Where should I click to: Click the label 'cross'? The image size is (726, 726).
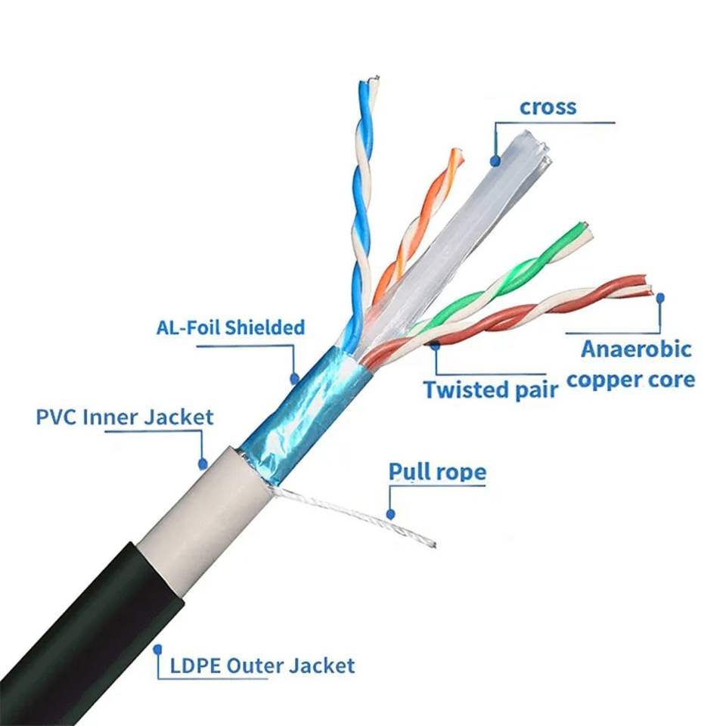pyautogui.click(x=548, y=107)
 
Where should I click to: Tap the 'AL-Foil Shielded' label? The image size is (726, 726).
pyautogui.click(x=231, y=327)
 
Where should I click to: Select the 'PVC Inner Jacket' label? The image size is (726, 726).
pyautogui.click(x=125, y=417)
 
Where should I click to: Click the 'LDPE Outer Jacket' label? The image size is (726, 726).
pyautogui.click(x=262, y=665)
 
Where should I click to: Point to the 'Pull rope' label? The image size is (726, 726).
pyautogui.click(x=438, y=472)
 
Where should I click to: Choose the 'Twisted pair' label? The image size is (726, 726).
pyautogui.click(x=491, y=389)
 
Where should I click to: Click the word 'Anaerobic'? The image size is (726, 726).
pyautogui.click(x=636, y=349)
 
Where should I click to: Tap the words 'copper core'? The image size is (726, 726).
pyautogui.click(x=631, y=380)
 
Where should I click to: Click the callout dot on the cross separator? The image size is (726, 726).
pyautogui.click(x=495, y=160)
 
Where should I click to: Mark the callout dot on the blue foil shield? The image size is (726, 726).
pyautogui.click(x=294, y=379)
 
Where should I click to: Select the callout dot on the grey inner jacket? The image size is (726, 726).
pyautogui.click(x=203, y=463)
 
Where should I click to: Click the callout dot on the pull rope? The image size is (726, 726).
pyautogui.click(x=390, y=514)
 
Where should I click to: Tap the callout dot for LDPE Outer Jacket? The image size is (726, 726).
pyautogui.click(x=158, y=650)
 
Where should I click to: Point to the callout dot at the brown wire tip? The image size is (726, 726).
pyautogui.click(x=660, y=298)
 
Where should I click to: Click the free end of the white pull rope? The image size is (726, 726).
pyautogui.click(x=434, y=545)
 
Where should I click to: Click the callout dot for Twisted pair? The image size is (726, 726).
pyautogui.click(x=436, y=345)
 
